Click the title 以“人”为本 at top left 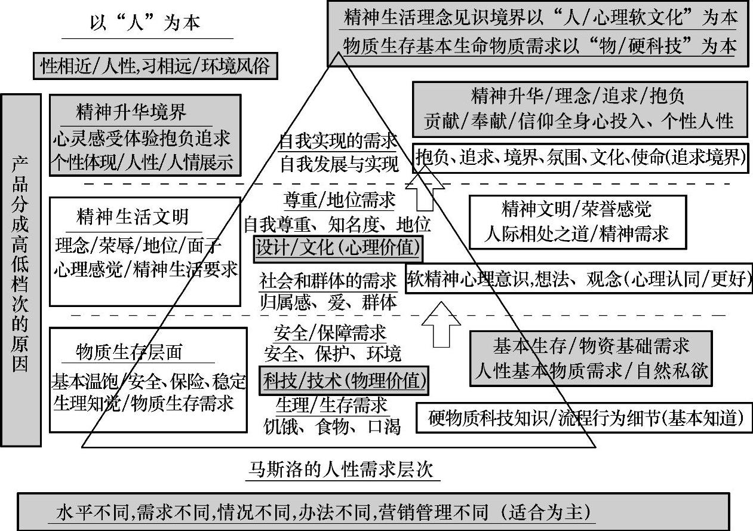(145, 24)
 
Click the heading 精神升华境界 (131, 112)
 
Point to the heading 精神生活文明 (133, 216)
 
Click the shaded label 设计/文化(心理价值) (338, 247)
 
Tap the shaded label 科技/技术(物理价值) (344, 380)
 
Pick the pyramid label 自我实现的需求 (338, 142)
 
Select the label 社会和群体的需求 (328, 280)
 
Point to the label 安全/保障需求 (330, 332)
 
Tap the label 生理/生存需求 (331, 405)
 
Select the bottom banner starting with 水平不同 (374, 512)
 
